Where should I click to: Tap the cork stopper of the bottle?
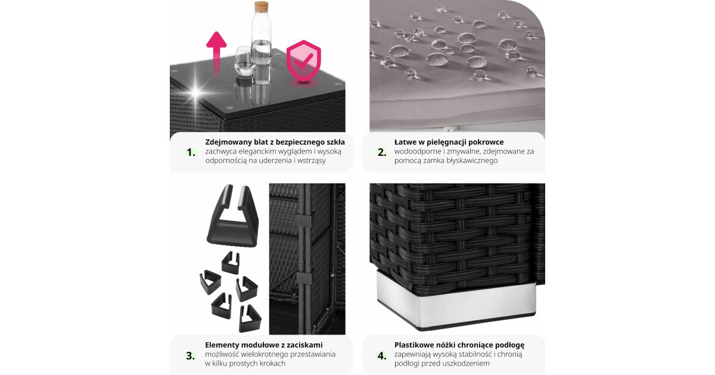click(x=261, y=7)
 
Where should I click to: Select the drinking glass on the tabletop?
click(x=245, y=61)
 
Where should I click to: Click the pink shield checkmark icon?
click(x=303, y=61)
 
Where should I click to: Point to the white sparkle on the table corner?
click(x=195, y=92)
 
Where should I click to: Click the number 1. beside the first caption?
click(x=191, y=152)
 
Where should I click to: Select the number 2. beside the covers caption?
click(x=382, y=152)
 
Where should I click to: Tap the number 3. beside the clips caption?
click(x=191, y=355)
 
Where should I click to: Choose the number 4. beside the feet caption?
click(x=382, y=355)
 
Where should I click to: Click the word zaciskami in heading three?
click(x=304, y=345)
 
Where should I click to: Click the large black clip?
click(x=233, y=216)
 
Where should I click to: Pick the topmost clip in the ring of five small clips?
click(x=231, y=262)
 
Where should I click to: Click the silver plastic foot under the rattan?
click(x=456, y=301)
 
